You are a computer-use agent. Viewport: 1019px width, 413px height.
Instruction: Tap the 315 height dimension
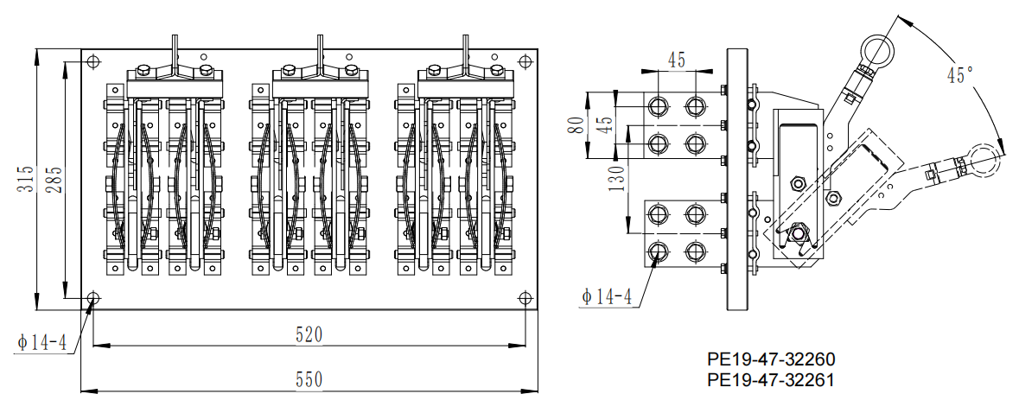click(x=29, y=179)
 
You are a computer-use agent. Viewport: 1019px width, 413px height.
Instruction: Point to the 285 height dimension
click(x=54, y=179)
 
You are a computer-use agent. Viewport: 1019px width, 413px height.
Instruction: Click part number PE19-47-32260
click(x=770, y=359)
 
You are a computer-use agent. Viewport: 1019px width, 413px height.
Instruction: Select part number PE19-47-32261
click(x=770, y=379)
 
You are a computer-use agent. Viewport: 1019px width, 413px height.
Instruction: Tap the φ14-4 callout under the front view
click(x=41, y=342)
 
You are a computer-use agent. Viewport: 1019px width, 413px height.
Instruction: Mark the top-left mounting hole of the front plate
click(x=93, y=60)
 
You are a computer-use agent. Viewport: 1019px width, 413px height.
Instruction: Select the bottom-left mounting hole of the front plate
click(x=93, y=298)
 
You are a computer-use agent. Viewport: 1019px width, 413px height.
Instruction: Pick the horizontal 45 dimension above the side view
click(x=677, y=60)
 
